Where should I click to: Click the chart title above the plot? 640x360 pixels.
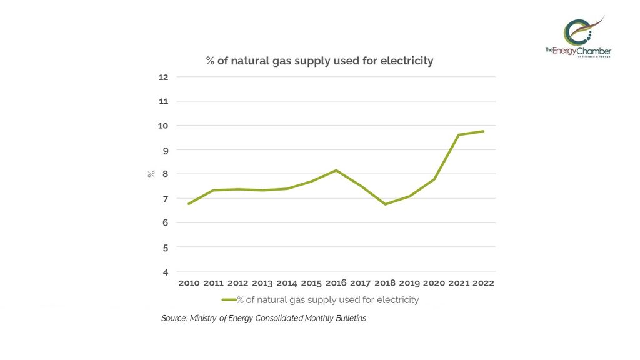tap(319, 61)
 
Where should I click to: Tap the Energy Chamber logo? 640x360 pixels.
tap(578, 37)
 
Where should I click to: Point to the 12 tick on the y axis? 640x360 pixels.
tap(164, 77)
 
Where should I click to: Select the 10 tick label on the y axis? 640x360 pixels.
tap(164, 126)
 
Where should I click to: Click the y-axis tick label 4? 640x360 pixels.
tap(165, 272)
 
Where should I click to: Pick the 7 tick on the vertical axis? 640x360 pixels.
tap(165, 199)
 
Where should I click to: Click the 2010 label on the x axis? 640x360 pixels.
tap(189, 283)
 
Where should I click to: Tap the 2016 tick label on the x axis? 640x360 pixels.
tap(336, 283)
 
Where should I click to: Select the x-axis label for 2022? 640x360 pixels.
tap(483, 283)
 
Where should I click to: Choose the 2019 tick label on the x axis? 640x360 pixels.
tap(409, 283)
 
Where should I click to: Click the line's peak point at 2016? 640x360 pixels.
tap(336, 170)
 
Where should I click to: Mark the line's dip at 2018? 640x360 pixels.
tap(385, 204)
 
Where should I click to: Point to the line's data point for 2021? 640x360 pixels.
tap(459, 135)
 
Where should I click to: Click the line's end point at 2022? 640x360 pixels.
tap(483, 131)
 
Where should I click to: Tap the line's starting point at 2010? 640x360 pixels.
tap(189, 204)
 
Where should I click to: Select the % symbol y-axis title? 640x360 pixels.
tap(151, 174)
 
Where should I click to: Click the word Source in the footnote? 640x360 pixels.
tap(174, 319)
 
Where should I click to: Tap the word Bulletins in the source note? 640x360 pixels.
tap(349, 319)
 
